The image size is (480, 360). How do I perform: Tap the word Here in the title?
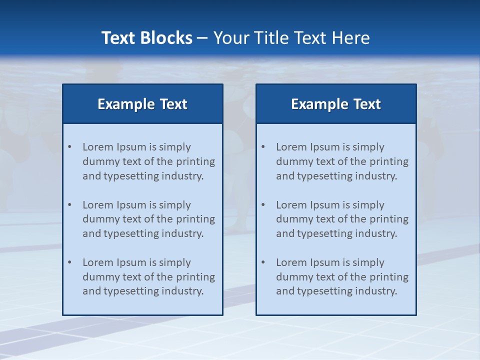[x=352, y=38]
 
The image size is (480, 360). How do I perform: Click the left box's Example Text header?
[x=142, y=104]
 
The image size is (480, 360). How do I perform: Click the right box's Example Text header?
[x=336, y=104]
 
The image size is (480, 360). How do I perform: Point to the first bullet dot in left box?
[x=70, y=147]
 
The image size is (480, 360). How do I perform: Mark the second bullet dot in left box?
[x=70, y=205]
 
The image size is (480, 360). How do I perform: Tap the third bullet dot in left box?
[x=70, y=262]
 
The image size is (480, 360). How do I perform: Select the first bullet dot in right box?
[x=263, y=147]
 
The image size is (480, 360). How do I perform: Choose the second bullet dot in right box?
[x=263, y=205]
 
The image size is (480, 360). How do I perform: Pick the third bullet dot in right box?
[x=263, y=262]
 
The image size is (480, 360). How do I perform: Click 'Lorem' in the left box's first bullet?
[x=98, y=147]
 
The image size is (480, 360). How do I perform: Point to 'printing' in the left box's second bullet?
[x=196, y=219]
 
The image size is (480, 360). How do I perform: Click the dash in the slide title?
[x=202, y=38]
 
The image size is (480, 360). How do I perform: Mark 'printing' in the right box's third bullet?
[x=389, y=277]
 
